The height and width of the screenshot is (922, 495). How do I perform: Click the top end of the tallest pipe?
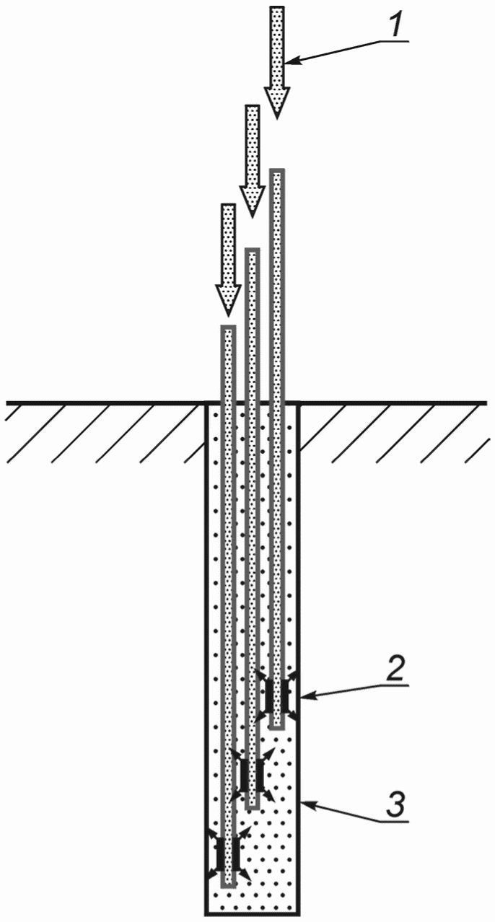click(277, 170)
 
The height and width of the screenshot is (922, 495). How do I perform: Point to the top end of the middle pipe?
click(253, 250)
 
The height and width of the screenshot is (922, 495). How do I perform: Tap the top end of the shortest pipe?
click(228, 327)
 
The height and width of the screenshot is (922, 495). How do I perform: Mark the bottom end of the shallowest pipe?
click(277, 727)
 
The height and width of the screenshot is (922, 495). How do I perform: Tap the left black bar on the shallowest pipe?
click(269, 695)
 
